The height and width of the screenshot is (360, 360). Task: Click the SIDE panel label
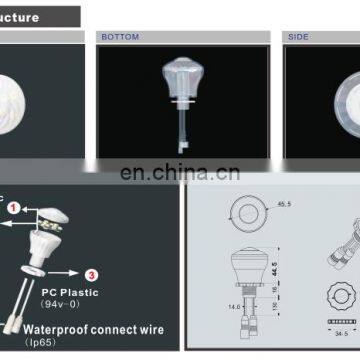click(x=300, y=37)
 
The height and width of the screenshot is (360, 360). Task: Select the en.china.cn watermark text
click(x=180, y=171)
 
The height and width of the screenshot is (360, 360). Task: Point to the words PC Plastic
click(x=61, y=291)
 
